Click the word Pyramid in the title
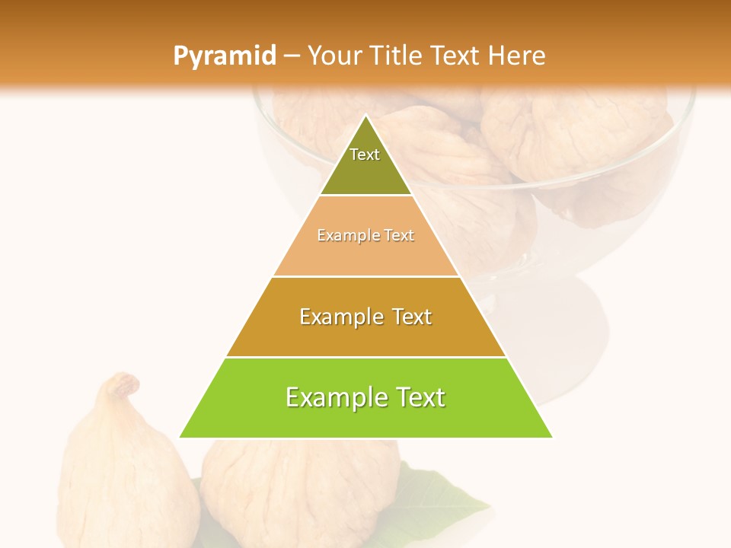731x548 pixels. (x=224, y=56)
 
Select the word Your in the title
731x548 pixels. (x=335, y=56)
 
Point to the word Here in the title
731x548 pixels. (x=517, y=56)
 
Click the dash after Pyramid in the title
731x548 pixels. (x=292, y=56)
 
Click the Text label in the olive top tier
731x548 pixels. (x=365, y=155)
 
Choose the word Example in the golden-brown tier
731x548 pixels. (x=340, y=317)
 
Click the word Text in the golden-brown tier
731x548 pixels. (x=408, y=317)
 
